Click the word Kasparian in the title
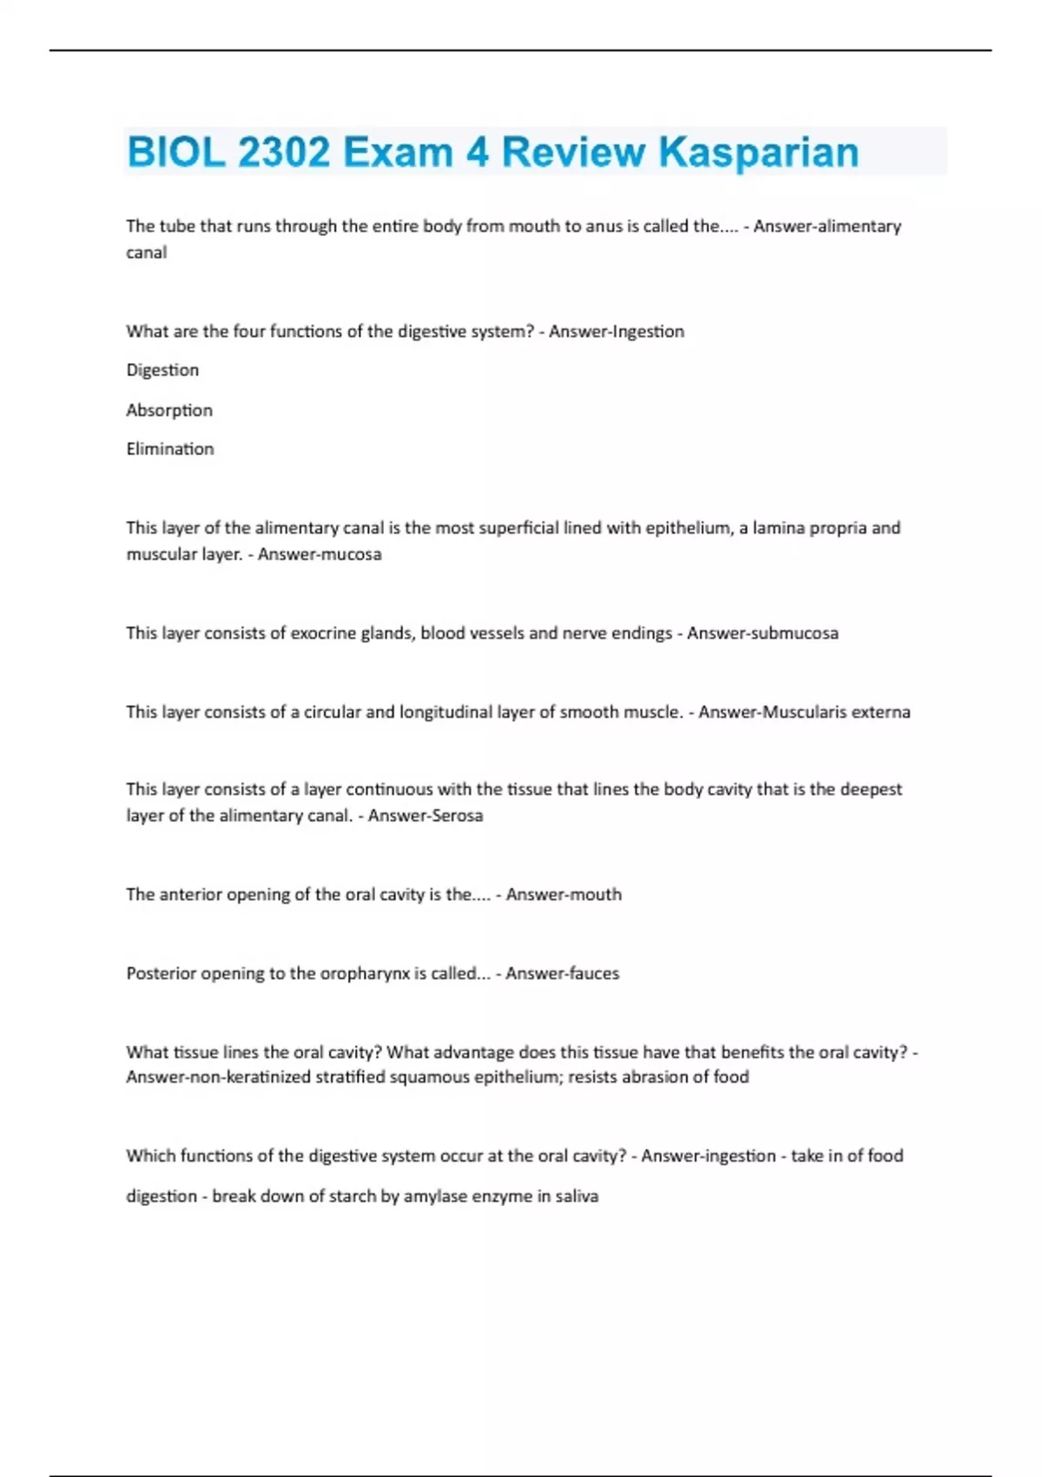(x=758, y=152)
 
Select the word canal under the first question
(x=146, y=253)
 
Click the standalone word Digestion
(x=162, y=370)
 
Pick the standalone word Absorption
(x=169, y=410)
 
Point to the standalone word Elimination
(x=170, y=449)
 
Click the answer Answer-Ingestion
(x=617, y=331)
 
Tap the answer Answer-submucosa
(x=762, y=633)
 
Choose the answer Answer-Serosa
(x=425, y=816)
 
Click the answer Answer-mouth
(x=564, y=895)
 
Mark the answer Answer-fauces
(x=563, y=974)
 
